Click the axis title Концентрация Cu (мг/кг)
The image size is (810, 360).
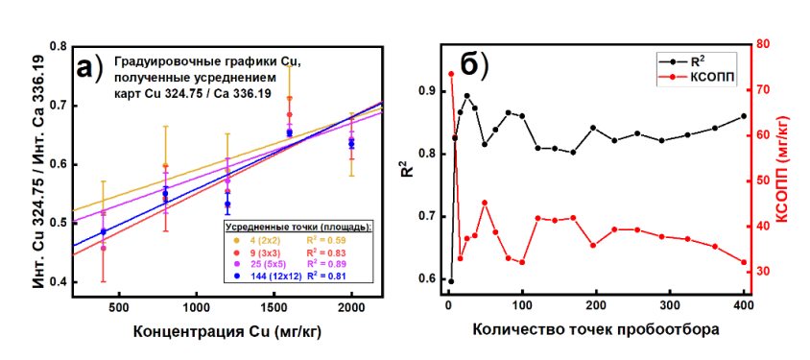pos(227,332)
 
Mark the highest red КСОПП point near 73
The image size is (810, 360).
pos(451,74)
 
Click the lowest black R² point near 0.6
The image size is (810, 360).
pos(451,281)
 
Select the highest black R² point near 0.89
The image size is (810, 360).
pos(467,96)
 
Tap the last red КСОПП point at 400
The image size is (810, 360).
pos(744,262)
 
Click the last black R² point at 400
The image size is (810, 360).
pos(744,116)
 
